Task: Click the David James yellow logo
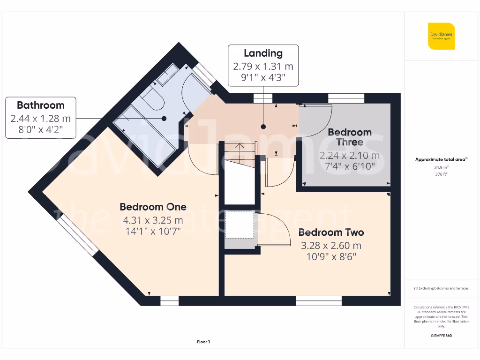[x=441, y=36]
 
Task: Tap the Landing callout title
[x=263, y=53]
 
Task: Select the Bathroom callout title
[x=41, y=105]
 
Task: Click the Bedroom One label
[x=153, y=207]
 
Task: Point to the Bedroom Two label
[x=331, y=232]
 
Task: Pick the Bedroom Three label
[x=350, y=137]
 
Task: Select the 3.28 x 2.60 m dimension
[x=331, y=245]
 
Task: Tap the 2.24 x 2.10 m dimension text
[x=350, y=155]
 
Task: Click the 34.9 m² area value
[x=441, y=167]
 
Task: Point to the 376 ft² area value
[x=441, y=174]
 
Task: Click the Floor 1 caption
[x=203, y=342]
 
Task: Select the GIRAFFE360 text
[x=441, y=336]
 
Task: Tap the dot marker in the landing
[x=263, y=127]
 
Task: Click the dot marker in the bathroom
[x=165, y=119]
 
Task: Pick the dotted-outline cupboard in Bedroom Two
[x=239, y=225]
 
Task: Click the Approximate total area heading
[x=441, y=159]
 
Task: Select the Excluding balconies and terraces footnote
[x=441, y=288]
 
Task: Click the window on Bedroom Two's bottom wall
[x=319, y=300]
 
